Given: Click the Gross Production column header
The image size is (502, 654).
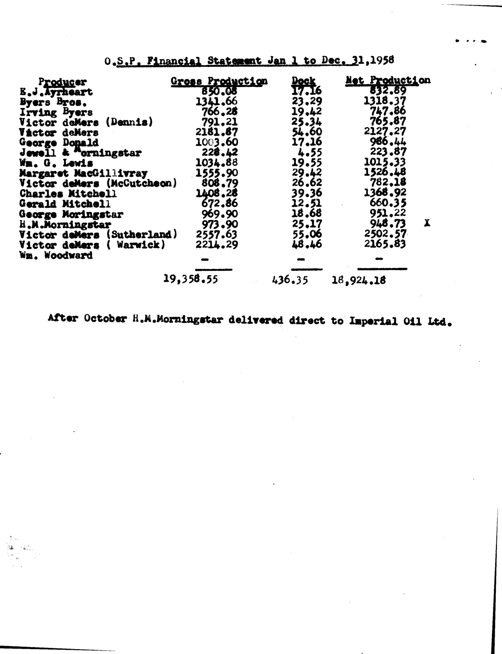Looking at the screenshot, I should tap(219, 81).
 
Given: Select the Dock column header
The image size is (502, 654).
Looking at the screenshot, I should tap(303, 81).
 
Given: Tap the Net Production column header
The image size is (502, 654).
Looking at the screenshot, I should tap(388, 80).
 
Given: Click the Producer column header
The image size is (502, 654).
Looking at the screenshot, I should tap(63, 82).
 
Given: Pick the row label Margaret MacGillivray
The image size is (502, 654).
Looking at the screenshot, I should tap(84, 174).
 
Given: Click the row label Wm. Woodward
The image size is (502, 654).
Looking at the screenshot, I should tap(56, 256).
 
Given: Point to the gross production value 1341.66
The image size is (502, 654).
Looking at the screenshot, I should tap(217, 101).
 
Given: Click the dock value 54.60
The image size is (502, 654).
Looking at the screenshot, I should tap(307, 132).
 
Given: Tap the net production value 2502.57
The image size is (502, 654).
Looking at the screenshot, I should tap(385, 234).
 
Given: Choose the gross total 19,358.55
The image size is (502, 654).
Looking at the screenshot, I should tap(190, 279).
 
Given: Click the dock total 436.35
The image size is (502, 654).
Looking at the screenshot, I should tap(290, 280).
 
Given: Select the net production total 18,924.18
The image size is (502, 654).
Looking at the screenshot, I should tap(358, 280).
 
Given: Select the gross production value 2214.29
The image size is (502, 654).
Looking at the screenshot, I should tap(217, 245).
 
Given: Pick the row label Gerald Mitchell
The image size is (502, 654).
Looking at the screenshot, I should tap(65, 204).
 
